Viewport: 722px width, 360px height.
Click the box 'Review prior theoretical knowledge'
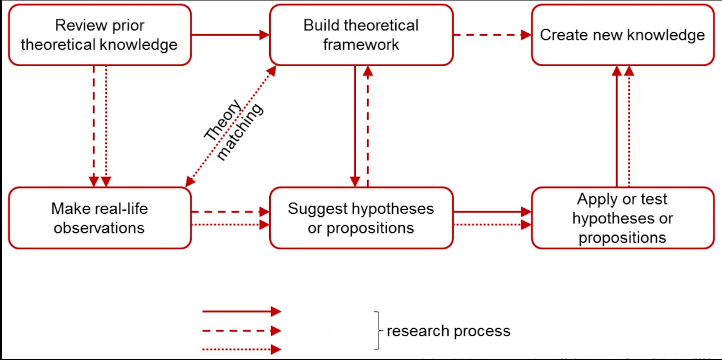tap(99, 35)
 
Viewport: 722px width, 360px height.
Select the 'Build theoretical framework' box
tap(361, 35)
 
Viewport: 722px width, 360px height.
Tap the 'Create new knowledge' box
tap(623, 35)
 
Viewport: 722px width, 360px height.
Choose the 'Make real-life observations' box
tap(99, 218)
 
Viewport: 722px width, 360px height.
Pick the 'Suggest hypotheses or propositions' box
tap(361, 218)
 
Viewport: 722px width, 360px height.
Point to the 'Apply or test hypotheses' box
tap(623, 218)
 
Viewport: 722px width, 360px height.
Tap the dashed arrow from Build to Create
tap(492, 35)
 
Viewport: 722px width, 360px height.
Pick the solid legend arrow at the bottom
tap(241, 312)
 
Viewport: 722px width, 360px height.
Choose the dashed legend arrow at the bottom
tap(241, 331)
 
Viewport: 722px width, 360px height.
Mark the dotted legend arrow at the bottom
tap(241, 349)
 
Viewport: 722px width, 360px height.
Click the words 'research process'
tap(448, 331)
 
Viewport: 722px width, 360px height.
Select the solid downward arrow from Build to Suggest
tap(355, 126)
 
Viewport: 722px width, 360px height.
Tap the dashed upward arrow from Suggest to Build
tap(368, 126)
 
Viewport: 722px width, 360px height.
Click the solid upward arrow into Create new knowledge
tap(616, 126)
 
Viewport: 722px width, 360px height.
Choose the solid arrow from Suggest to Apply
tap(492, 212)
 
